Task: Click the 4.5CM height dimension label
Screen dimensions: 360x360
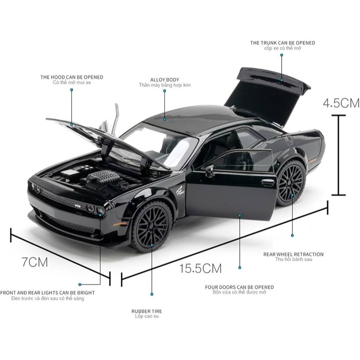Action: [341, 103]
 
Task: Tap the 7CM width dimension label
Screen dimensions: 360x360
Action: [35, 262]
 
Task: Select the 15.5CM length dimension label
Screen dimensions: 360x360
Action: [201, 268]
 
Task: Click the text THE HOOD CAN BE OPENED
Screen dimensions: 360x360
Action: [72, 77]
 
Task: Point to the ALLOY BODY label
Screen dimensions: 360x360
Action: [165, 80]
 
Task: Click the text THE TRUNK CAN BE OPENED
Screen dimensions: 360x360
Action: [282, 43]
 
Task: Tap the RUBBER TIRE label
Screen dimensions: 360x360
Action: [147, 311]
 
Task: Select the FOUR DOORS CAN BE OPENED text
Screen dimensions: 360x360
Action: [239, 287]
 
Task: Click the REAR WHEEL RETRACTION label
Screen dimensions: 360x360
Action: [293, 254]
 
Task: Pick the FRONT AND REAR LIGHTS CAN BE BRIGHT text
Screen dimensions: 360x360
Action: [48, 293]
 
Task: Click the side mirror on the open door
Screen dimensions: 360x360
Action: [209, 171]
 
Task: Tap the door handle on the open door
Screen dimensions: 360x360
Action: [268, 182]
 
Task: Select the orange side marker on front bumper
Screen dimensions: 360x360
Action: [120, 223]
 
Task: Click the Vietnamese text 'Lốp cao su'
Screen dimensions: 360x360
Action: [147, 316]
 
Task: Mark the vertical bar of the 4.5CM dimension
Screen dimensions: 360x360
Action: [338, 155]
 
